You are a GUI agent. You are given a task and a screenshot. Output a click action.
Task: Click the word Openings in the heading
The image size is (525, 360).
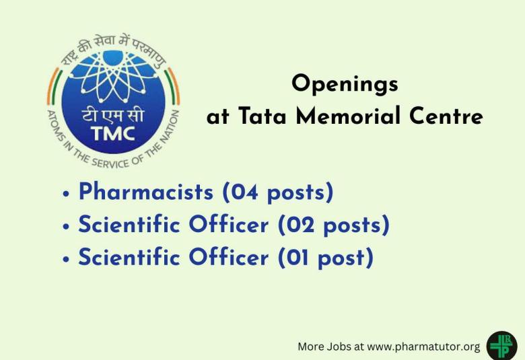pos(345,85)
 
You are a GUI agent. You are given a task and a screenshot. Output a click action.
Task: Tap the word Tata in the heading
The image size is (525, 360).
pos(260,116)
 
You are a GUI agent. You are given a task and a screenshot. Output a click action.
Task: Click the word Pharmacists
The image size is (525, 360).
pos(145,192)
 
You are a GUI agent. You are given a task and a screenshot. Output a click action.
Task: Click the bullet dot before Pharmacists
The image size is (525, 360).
pos(66,194)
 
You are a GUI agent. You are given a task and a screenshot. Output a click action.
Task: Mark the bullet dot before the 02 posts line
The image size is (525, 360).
pos(66,227)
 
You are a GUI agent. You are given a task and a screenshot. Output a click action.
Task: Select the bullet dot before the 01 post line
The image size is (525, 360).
pos(66,259)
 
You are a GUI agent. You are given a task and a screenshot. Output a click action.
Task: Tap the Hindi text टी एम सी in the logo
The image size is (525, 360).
pos(112,114)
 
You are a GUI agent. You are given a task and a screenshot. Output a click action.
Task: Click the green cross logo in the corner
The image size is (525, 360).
pos(501,346)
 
